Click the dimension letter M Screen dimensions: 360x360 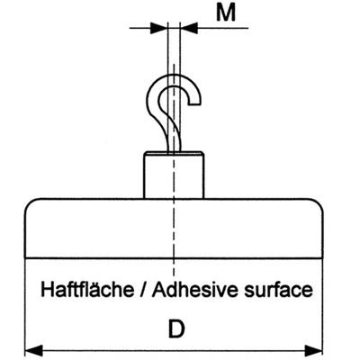click(226, 13)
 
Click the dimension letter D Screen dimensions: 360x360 click(176, 329)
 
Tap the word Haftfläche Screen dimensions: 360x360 click(87, 290)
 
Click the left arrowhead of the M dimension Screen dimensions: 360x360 click(158, 28)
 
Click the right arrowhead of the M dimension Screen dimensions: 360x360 click(189, 28)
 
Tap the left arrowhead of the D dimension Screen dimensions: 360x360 click(33, 350)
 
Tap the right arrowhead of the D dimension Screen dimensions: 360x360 click(314, 350)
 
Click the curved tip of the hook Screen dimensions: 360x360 click(195, 102)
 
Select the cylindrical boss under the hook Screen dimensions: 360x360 click(174, 175)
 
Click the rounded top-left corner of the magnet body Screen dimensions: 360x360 click(30, 203)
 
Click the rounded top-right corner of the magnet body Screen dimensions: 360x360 click(319, 203)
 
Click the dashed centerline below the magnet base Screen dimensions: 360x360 click(174, 267)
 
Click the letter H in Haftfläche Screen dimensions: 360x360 click(48, 290)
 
